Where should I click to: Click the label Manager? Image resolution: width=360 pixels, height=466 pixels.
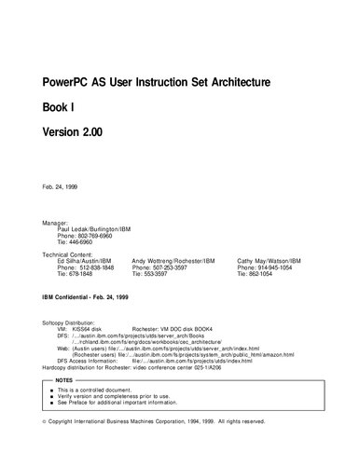pyautogui.click(x=56, y=224)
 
